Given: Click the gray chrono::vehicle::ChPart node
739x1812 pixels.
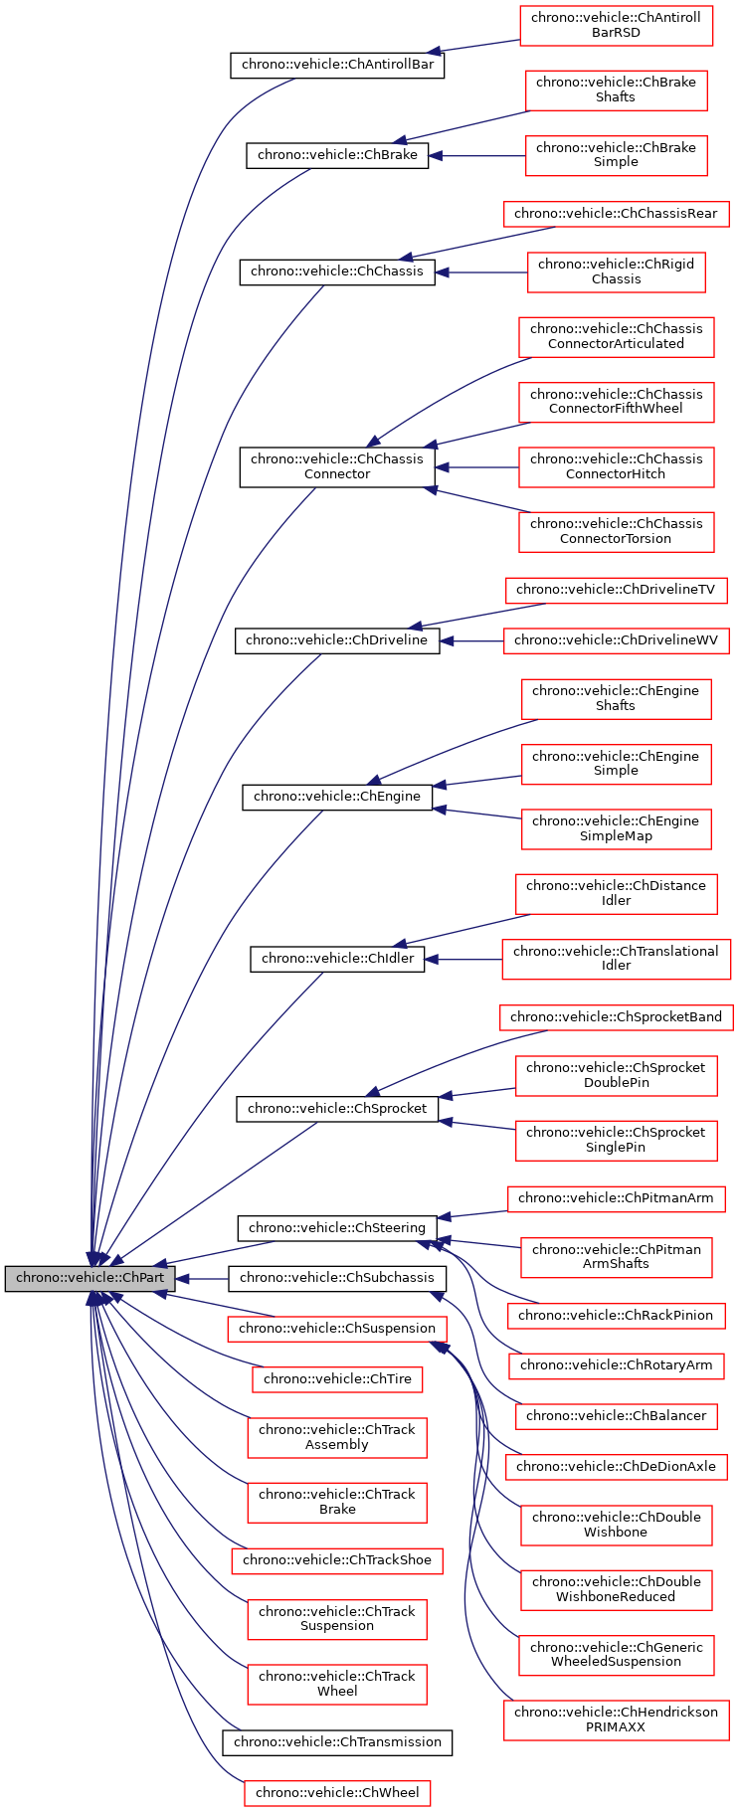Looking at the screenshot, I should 91,1278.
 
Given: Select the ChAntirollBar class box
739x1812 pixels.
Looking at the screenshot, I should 337,66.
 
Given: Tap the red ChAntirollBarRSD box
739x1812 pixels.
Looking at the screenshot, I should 616,25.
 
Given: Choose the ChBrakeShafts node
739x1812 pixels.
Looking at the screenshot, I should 616,90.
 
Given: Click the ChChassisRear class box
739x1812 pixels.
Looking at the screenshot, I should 616,213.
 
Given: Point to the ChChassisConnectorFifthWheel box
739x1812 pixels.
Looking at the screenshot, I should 616,402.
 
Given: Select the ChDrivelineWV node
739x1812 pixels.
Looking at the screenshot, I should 616,641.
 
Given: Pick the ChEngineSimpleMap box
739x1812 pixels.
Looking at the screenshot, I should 616,828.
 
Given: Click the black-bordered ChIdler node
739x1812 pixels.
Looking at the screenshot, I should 337,960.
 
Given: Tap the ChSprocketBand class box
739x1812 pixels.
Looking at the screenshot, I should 616,1017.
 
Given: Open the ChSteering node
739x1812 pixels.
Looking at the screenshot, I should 337,1227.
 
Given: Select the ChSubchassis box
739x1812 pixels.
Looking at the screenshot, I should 337,1278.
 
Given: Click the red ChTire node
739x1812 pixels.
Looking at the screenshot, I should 337,1378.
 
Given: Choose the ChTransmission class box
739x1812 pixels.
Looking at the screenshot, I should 337,1742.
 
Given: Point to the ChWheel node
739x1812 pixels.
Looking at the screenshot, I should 337,1793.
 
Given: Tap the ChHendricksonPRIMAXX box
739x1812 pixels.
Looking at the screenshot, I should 616,1720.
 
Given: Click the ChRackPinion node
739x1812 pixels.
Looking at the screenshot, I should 616,1315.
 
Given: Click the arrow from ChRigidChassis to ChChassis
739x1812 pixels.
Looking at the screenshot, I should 481,272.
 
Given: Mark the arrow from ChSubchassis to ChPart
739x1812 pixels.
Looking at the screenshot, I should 203,1278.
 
